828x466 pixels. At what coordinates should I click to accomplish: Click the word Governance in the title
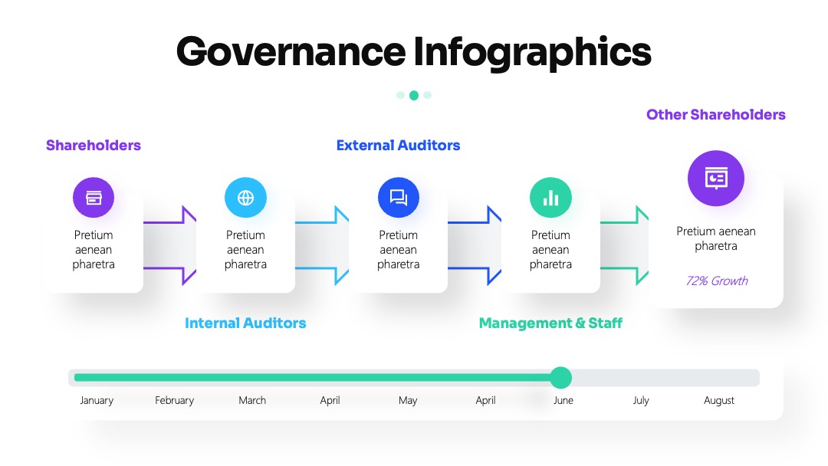pyautogui.click(x=291, y=51)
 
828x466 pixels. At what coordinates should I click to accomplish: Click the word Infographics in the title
pyautogui.click(x=532, y=53)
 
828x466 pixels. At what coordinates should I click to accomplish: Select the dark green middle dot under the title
pyautogui.click(x=414, y=96)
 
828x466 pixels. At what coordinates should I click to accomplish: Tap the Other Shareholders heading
pyautogui.click(x=715, y=114)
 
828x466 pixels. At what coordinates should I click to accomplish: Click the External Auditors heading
pyautogui.click(x=398, y=145)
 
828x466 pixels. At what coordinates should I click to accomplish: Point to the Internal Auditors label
pyautogui.click(x=245, y=323)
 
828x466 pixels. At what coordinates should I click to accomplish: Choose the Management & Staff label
pyautogui.click(x=550, y=323)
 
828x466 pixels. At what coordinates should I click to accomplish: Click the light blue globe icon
pyautogui.click(x=245, y=198)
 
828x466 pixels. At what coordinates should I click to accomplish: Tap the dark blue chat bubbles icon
pyautogui.click(x=399, y=198)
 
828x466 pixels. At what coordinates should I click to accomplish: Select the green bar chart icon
pyautogui.click(x=550, y=198)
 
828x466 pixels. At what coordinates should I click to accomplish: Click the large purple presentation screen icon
pyautogui.click(x=716, y=179)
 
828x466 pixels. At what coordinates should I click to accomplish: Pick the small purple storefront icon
pyautogui.click(x=94, y=198)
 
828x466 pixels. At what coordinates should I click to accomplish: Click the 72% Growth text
pyautogui.click(x=717, y=281)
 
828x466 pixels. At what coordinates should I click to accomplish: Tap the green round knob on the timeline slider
pyautogui.click(x=560, y=378)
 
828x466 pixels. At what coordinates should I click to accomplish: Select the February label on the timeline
pyautogui.click(x=174, y=401)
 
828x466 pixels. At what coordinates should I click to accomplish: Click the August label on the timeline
pyautogui.click(x=718, y=401)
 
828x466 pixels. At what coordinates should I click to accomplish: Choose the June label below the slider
pyautogui.click(x=563, y=401)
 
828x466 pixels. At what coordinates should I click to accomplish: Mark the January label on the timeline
pyautogui.click(x=97, y=401)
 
